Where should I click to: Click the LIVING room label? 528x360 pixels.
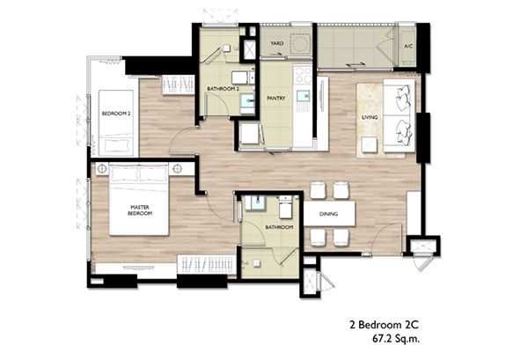[x=370, y=117]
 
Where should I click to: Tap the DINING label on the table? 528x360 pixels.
[x=328, y=214]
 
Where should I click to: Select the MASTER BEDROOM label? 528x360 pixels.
[x=140, y=210]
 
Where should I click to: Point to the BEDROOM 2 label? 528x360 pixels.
[x=116, y=114]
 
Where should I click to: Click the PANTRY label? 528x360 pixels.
[x=275, y=98]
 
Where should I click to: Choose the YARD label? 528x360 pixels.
[x=277, y=43]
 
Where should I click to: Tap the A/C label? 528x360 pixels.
[x=408, y=46]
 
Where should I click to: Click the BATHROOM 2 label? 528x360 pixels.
[x=223, y=89]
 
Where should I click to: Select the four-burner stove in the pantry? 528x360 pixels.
[x=303, y=75]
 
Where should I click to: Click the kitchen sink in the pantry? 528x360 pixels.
[x=303, y=96]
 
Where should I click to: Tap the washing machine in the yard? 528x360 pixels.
[x=300, y=43]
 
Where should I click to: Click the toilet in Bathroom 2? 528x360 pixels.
[x=243, y=77]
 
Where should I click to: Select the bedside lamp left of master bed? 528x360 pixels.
[x=101, y=168]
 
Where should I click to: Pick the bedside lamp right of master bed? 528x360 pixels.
[x=177, y=168]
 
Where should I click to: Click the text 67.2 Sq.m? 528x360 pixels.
[x=396, y=339]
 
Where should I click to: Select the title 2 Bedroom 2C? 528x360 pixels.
[x=385, y=325]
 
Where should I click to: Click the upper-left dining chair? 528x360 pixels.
[x=319, y=190]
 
